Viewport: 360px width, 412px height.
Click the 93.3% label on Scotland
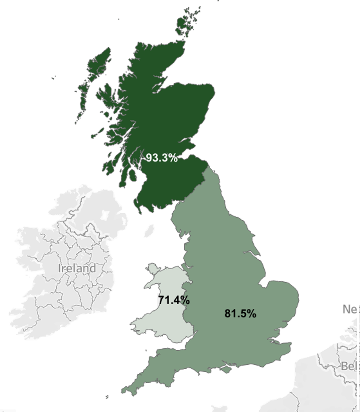tap(161, 158)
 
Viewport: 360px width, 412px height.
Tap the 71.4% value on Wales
tap(174, 300)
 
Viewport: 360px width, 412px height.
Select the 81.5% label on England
tap(240, 313)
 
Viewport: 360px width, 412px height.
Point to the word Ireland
tap(77, 268)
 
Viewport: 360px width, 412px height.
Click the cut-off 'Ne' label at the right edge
tap(350, 309)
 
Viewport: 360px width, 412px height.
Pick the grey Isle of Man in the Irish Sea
tap(149, 231)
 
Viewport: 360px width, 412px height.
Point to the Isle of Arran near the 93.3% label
tap(133, 174)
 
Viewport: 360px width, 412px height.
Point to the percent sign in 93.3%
tap(173, 158)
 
